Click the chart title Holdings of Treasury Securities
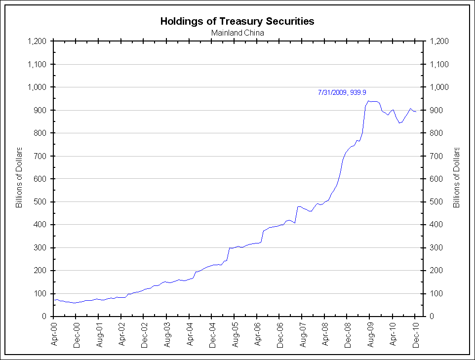tap(237, 21)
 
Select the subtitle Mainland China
tap(237, 33)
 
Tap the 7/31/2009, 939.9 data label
tap(342, 92)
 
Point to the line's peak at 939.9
tap(368, 101)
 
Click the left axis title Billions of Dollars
tap(20, 177)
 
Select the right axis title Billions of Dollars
tap(456, 177)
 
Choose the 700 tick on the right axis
tap(436, 156)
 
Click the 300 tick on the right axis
tap(436, 248)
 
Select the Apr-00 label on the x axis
tap(54, 334)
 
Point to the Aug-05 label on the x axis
tap(236, 334)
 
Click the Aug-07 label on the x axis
tap(303, 334)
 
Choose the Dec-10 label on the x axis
tap(416, 334)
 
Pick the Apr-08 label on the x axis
tap(326, 334)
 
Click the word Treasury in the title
tap(237, 21)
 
